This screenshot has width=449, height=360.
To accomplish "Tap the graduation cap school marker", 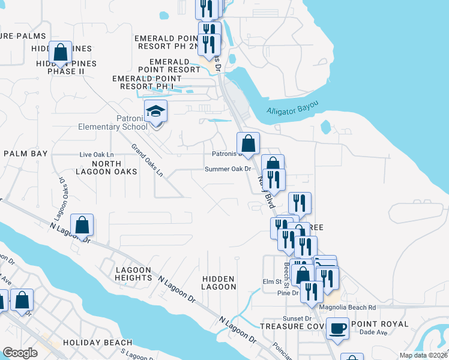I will tap(155, 112).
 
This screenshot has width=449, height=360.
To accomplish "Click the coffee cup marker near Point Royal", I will tap(338, 329).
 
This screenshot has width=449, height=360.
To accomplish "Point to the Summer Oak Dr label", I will tap(228, 169).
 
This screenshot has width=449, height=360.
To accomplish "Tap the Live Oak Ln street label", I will tap(97, 155).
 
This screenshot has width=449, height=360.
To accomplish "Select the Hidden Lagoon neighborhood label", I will tap(219, 283).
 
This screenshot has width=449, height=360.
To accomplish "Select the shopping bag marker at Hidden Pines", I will tap(61, 53).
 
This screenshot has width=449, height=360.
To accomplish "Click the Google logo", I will tap(20, 353).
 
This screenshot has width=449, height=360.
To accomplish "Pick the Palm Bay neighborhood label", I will tap(25, 154).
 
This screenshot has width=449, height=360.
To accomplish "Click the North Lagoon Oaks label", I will tap(115, 167).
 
